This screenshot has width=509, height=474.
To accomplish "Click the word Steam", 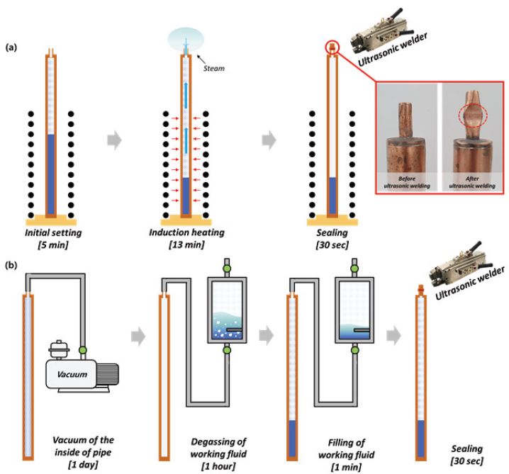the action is [x=213, y=69].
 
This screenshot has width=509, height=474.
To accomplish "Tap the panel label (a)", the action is [x=11, y=47].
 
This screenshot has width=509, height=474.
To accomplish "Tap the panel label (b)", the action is [x=11, y=266].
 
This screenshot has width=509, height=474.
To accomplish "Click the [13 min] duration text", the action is [x=186, y=244].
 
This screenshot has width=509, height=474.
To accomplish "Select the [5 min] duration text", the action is [x=53, y=244].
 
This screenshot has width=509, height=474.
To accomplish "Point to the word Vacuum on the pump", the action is [x=72, y=374].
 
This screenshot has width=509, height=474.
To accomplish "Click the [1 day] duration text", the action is [x=83, y=465].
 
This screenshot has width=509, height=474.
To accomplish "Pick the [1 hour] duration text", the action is [x=218, y=466].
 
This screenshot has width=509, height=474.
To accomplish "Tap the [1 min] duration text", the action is [x=346, y=467].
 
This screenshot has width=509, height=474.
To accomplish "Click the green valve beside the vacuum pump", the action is [x=83, y=350].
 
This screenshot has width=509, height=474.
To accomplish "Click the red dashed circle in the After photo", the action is [x=473, y=115].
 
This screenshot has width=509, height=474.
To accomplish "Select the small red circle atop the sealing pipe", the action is [x=332, y=47].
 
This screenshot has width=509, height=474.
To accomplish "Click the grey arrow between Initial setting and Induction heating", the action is [x=115, y=140].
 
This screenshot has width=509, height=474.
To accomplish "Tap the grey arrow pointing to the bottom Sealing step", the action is [x=394, y=336].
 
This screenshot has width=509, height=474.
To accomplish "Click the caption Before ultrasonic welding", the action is [x=407, y=182].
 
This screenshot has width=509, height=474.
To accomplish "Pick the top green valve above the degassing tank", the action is [x=227, y=269].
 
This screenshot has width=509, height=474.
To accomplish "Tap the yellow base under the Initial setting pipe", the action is [x=51, y=222].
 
